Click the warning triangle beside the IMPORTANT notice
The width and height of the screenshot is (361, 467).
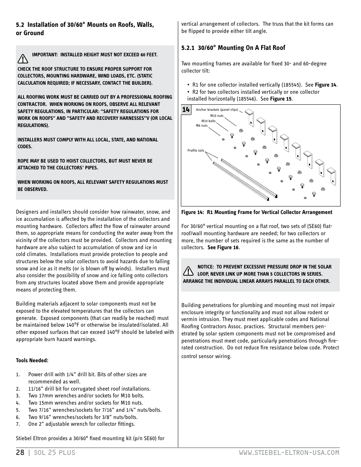[x=23, y=59]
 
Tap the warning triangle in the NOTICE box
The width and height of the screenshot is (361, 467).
[x=188, y=271]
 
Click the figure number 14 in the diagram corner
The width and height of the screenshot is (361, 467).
[x=185, y=110]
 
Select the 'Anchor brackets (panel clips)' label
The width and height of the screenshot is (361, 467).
[x=217, y=110]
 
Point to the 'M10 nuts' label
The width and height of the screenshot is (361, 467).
[x=217, y=116]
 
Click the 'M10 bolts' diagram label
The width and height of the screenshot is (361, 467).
[x=208, y=121]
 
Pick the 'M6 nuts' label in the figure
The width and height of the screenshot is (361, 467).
[x=202, y=126]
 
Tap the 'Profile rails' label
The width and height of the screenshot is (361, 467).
[x=196, y=150]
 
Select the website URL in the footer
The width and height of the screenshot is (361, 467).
[x=289, y=453]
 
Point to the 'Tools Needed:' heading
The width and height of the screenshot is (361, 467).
[x=32, y=360]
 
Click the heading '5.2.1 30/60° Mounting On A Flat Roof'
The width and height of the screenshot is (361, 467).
[x=233, y=48]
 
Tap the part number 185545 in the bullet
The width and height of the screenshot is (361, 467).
[x=291, y=85]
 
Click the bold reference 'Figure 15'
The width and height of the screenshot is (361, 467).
[x=280, y=99]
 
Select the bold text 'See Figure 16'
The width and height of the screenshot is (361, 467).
[x=223, y=248]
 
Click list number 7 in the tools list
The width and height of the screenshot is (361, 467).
[x=17, y=424]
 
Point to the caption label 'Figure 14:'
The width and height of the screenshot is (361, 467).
[x=193, y=213]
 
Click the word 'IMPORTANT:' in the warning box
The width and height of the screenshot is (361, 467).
[x=45, y=55]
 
